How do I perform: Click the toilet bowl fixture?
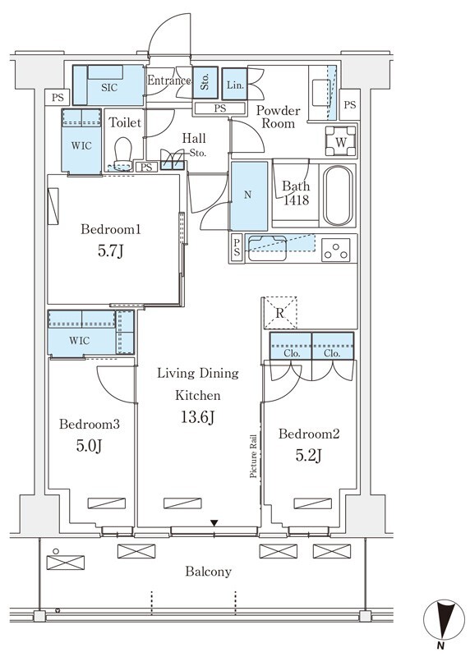click(x=123, y=154)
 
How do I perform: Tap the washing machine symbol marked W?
click(x=341, y=141)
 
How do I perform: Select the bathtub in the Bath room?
click(x=338, y=196)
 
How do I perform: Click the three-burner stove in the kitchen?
click(x=336, y=250)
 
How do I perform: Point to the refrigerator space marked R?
click(x=279, y=313)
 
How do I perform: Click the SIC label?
click(x=109, y=88)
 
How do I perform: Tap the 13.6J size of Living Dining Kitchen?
click(x=197, y=417)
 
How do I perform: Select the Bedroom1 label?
click(x=111, y=229)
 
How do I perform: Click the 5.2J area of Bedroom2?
click(x=308, y=455)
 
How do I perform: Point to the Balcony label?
click(x=209, y=572)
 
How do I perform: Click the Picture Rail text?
click(x=253, y=456)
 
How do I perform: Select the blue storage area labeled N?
click(x=249, y=195)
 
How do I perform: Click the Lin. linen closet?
click(x=235, y=85)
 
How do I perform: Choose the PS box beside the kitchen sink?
click(x=237, y=248)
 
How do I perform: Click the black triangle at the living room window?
click(x=214, y=523)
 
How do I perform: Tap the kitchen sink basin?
click(x=267, y=248)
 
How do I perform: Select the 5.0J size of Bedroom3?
click(x=90, y=446)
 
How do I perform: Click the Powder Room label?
click(x=278, y=117)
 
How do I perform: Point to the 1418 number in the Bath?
click(x=296, y=200)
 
